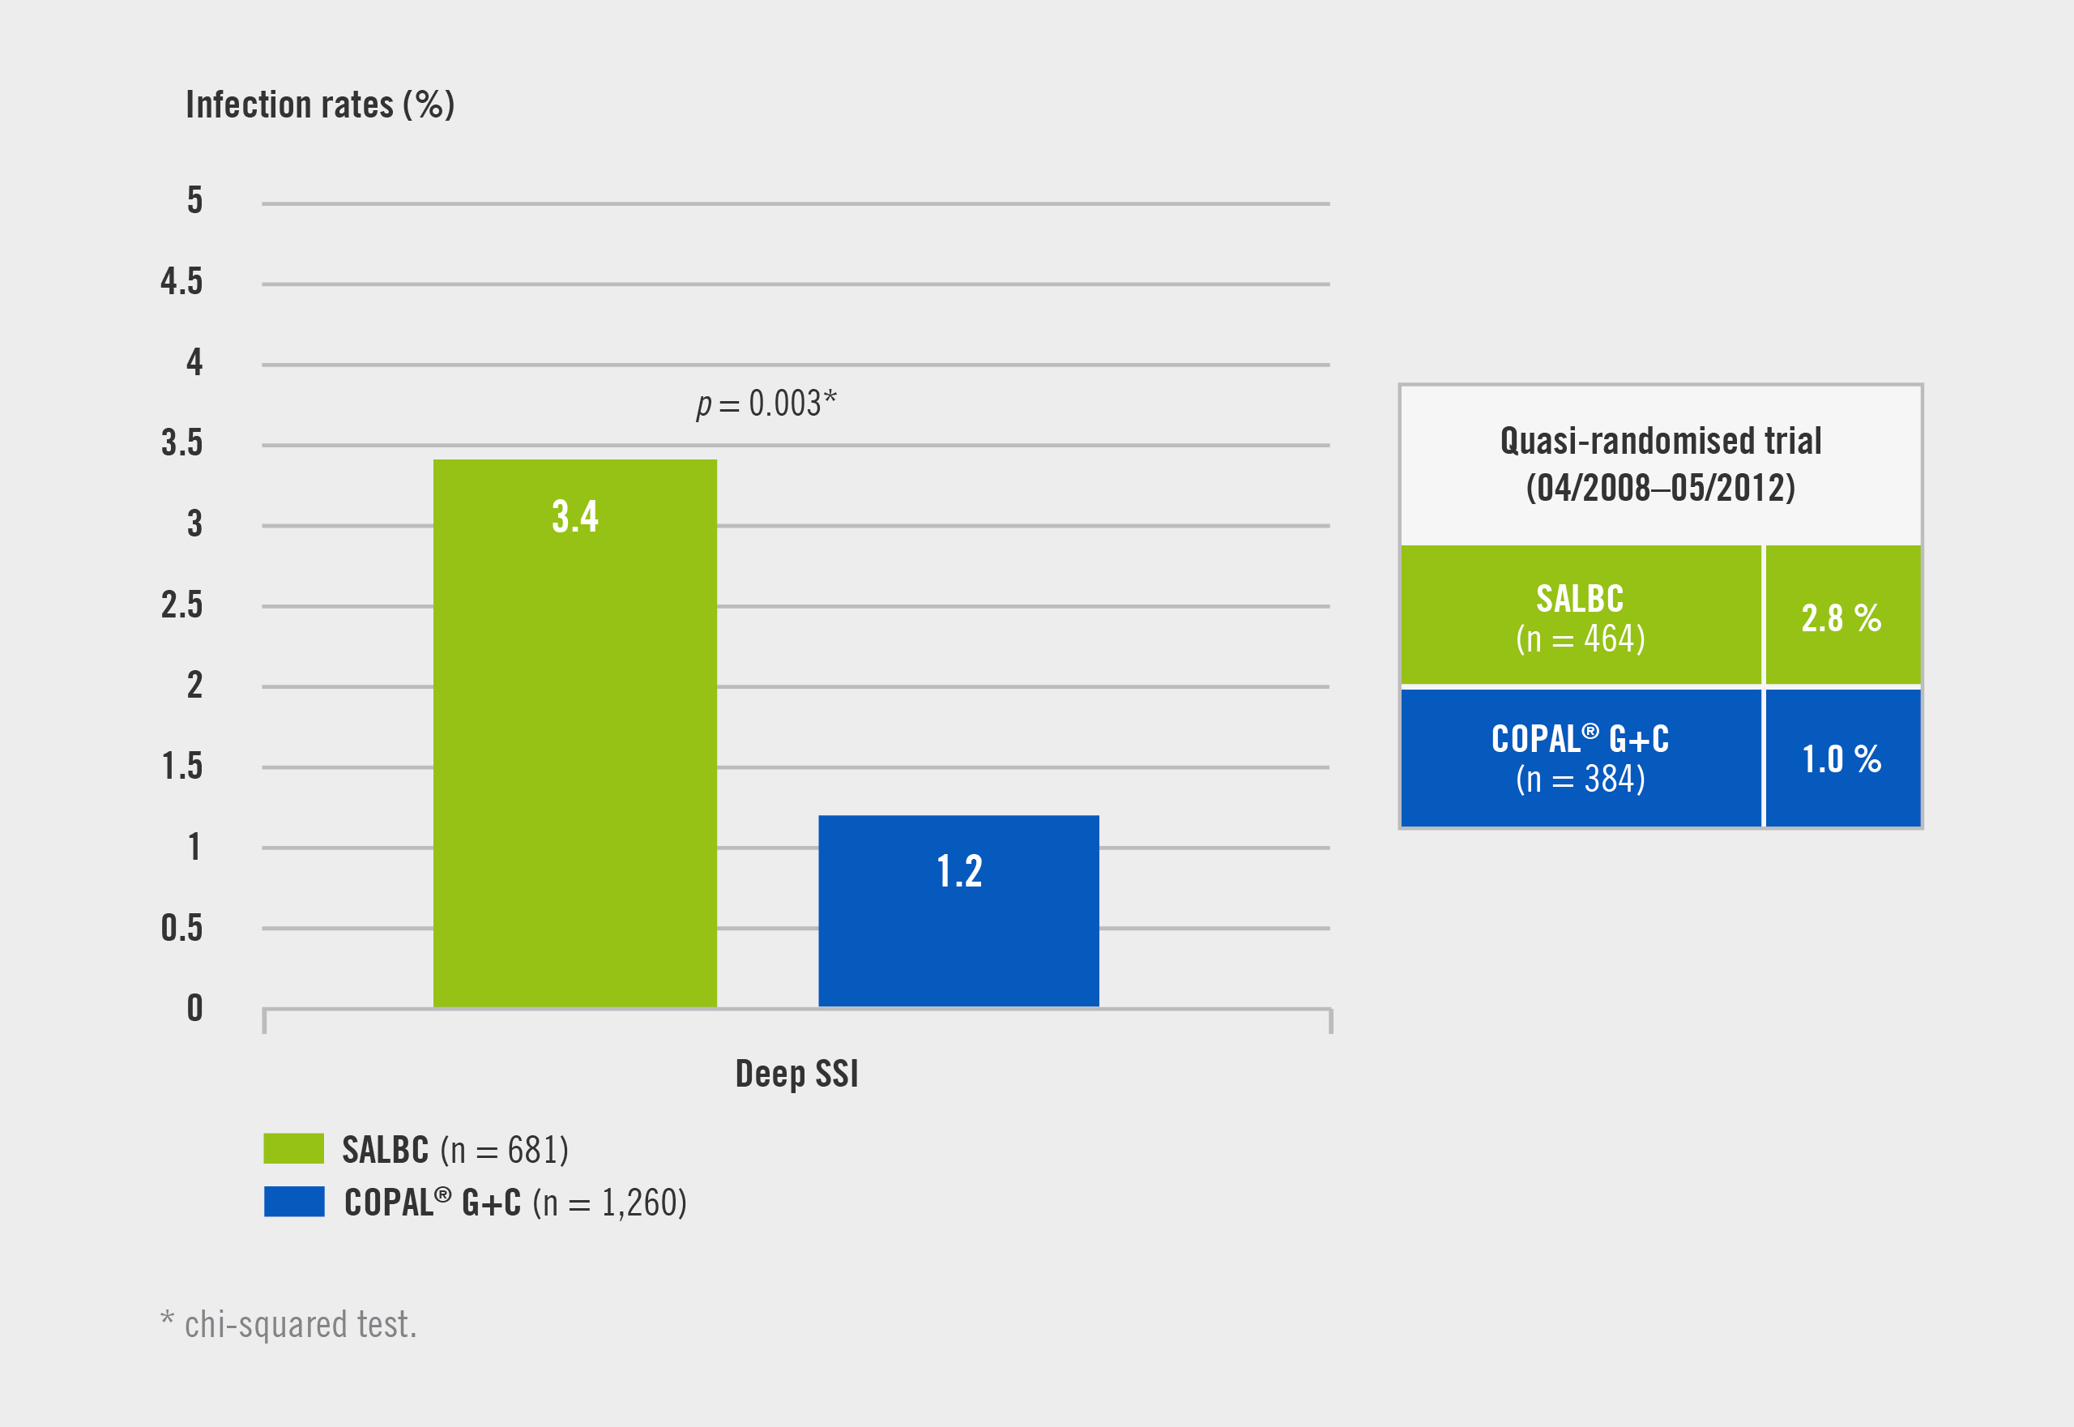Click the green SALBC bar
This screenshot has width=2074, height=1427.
click(x=575, y=760)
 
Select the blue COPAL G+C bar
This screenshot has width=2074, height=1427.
click(x=958, y=939)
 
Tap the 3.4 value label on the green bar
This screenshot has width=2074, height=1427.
click(x=575, y=517)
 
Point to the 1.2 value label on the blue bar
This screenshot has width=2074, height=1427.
click(x=959, y=871)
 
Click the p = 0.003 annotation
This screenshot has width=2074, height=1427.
click(x=766, y=404)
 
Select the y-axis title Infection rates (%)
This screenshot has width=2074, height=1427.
click(x=320, y=105)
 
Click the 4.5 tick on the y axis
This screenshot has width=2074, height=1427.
click(x=181, y=283)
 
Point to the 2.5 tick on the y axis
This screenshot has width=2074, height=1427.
click(x=181, y=605)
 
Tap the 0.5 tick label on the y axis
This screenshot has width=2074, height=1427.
click(x=181, y=928)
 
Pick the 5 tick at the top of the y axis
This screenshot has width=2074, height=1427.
click(x=194, y=201)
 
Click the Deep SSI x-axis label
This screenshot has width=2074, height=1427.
click(x=796, y=1074)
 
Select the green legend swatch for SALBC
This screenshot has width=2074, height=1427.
click(x=293, y=1149)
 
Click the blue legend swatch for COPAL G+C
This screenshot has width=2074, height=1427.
click(x=293, y=1202)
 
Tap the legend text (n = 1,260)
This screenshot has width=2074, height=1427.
click(x=610, y=1203)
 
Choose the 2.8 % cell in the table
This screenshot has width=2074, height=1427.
click(x=1841, y=617)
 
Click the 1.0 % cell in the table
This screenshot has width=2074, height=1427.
click(x=1841, y=759)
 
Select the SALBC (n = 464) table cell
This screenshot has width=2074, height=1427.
click(x=1580, y=617)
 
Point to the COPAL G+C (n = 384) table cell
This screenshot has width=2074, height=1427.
click(x=1580, y=759)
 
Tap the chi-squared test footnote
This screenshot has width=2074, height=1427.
click(x=288, y=1324)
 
